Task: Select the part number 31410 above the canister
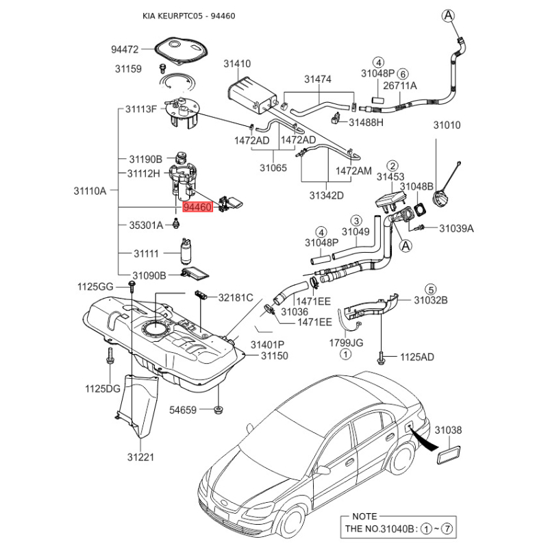click(x=237, y=64)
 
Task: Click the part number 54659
click(x=183, y=410)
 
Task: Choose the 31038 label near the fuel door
click(x=449, y=430)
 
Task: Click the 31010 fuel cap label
click(x=446, y=125)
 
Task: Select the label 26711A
click(x=400, y=86)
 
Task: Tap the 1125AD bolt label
click(x=416, y=357)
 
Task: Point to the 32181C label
click(x=236, y=297)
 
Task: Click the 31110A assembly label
click(x=90, y=191)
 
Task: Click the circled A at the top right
click(x=447, y=15)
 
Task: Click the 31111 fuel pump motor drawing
click(x=185, y=251)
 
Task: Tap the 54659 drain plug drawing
click(x=218, y=410)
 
